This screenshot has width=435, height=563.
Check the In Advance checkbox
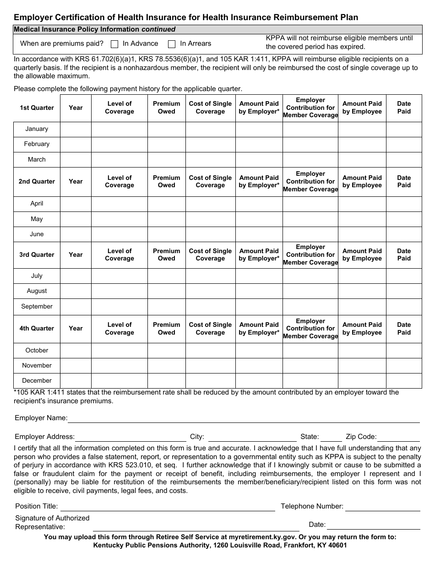114,44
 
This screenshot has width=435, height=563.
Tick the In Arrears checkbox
172,44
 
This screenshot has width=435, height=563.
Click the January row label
37,129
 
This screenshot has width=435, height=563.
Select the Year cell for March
76,160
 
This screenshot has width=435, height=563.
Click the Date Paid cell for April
404,204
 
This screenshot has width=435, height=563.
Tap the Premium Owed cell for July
166,276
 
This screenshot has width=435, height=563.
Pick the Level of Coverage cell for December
119,381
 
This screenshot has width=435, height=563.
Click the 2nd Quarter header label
37,182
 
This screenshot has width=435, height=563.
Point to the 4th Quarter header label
37,329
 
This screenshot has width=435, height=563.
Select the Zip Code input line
398,437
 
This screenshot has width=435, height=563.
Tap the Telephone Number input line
382,507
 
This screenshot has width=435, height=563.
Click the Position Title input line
168,507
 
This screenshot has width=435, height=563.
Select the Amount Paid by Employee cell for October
362,351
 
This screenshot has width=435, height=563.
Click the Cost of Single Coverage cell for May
210,219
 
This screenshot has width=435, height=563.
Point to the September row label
37,307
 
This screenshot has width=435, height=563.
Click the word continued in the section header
158,29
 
